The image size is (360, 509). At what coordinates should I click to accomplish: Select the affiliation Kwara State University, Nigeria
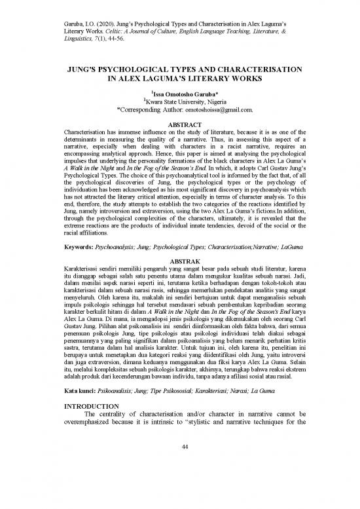coord(181,104)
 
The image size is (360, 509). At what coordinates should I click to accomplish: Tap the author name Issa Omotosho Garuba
coord(181,95)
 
